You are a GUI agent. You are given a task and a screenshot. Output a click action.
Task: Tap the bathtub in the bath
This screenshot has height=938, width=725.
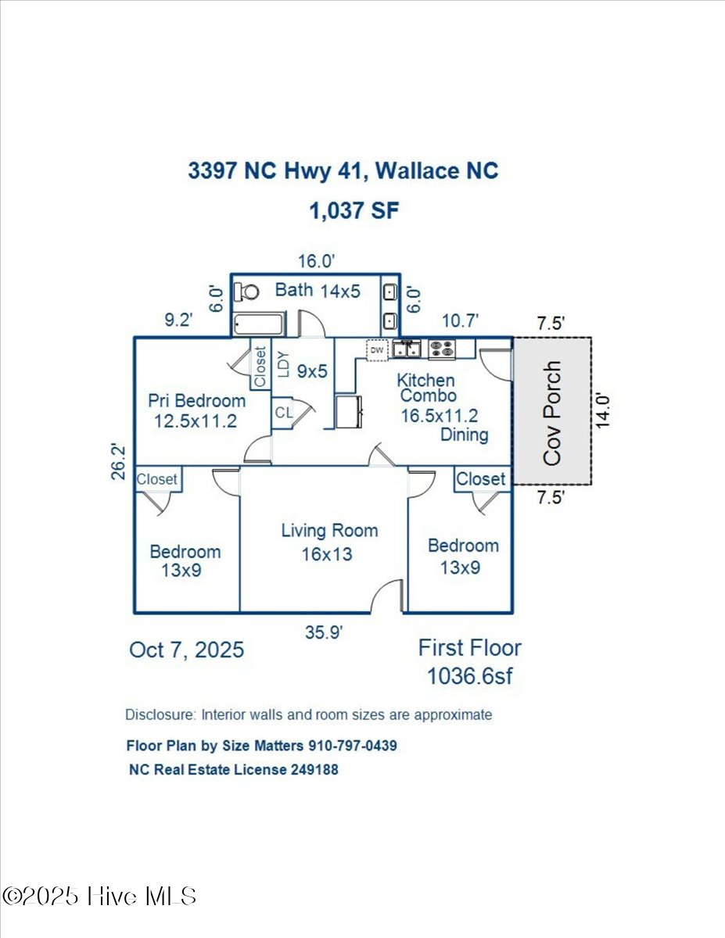[x=259, y=324]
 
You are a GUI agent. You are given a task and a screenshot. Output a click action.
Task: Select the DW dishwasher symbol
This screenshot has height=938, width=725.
[x=378, y=351]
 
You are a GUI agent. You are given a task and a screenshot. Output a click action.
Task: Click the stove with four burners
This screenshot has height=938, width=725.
[x=442, y=349]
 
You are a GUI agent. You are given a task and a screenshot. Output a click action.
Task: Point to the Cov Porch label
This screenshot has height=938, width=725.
[x=552, y=413]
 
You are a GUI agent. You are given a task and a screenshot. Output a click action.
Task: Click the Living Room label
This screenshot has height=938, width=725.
[x=329, y=531]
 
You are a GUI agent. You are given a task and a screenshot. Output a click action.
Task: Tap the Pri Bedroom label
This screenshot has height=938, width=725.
[x=197, y=401]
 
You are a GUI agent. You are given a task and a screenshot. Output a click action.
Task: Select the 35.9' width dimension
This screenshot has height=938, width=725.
[x=325, y=633]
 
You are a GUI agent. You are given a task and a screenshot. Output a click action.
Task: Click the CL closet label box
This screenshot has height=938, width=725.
[x=282, y=413]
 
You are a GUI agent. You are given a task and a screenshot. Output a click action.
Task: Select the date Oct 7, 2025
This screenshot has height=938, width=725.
[x=186, y=650]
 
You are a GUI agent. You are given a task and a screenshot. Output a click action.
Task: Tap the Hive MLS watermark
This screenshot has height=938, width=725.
[x=100, y=896]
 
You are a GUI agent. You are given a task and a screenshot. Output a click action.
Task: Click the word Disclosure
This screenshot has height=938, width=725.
[x=159, y=714]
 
